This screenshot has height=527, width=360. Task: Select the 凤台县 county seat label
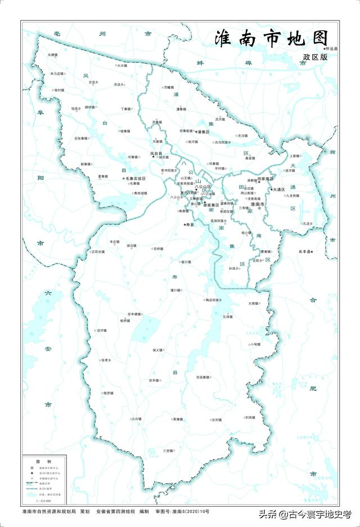click(x=156, y=153)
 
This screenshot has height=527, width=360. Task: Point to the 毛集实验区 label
click(x=135, y=178)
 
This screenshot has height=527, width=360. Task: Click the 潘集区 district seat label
click(x=203, y=132)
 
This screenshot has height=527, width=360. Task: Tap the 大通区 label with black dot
click(x=279, y=190)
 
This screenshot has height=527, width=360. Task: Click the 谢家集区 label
click(x=210, y=205)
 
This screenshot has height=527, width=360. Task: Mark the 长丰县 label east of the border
click(x=306, y=251)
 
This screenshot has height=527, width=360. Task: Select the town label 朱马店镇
click(x=58, y=74)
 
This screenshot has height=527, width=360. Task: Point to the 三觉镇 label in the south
click(x=168, y=451)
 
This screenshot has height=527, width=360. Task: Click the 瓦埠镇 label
click(x=227, y=317)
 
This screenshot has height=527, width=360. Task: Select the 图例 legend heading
click(x=40, y=461)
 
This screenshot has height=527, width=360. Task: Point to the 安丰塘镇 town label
click(x=138, y=314)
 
